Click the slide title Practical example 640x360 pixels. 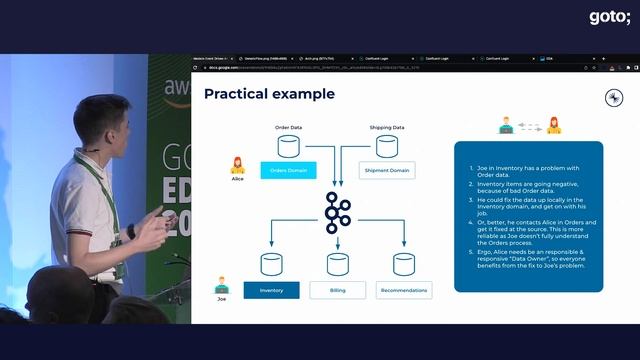[269, 94]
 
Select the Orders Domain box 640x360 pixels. [287, 170]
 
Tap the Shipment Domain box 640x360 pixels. [387, 170]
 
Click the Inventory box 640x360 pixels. [272, 290]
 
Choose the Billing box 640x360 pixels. [337, 290]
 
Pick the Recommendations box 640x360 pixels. [404, 290]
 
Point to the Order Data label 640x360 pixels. [288, 128]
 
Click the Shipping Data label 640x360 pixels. [386, 128]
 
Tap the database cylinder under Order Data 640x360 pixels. [288, 146]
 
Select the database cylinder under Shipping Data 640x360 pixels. [387, 146]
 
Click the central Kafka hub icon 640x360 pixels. [337, 213]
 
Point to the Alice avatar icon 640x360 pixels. [238, 165]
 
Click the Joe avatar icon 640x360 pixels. [222, 283]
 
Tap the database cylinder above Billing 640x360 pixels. [337, 264]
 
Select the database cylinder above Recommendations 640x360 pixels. [404, 264]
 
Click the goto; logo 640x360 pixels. [609, 17]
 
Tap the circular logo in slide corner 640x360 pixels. [615, 97]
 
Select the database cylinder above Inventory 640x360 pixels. [272, 264]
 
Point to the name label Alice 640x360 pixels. [238, 180]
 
